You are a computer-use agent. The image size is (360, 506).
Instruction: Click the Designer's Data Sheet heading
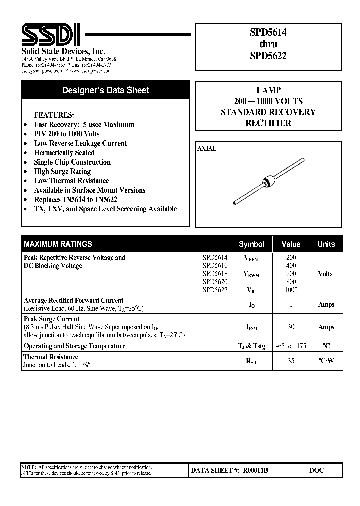point(105,91)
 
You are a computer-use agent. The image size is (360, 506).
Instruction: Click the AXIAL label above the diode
point(207,149)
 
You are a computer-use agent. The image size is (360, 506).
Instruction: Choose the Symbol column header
point(251,244)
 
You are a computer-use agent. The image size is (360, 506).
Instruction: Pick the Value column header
point(291,244)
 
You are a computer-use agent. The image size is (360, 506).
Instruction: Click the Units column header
point(326,244)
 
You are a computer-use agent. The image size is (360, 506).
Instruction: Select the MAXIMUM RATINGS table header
point(58,244)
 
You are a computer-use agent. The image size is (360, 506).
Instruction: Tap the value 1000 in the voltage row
point(291,290)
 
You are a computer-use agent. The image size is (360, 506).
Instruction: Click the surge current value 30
point(291,327)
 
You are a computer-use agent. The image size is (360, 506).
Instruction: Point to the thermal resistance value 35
point(291,361)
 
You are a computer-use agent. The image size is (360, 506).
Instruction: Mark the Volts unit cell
point(325,274)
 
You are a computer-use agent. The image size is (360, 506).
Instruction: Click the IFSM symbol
point(251,327)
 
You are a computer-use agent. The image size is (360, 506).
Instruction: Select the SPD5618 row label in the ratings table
point(215,274)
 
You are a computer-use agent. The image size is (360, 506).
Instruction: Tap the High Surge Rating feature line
point(62,171)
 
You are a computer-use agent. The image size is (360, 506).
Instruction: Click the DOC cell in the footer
point(317,470)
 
